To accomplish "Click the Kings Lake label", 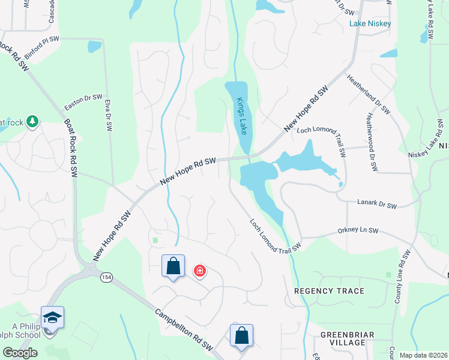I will click(x=242, y=116).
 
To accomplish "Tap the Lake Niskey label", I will click(x=370, y=24).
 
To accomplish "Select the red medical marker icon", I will click(x=200, y=272).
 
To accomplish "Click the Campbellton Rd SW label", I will click(x=184, y=329).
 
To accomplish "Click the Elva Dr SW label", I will click(x=108, y=115).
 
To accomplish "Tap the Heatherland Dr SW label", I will click(x=368, y=95).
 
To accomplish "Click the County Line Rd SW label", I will click(x=402, y=277).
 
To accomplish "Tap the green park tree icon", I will click(x=31, y=123).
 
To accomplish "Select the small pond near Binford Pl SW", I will click(x=94, y=46).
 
